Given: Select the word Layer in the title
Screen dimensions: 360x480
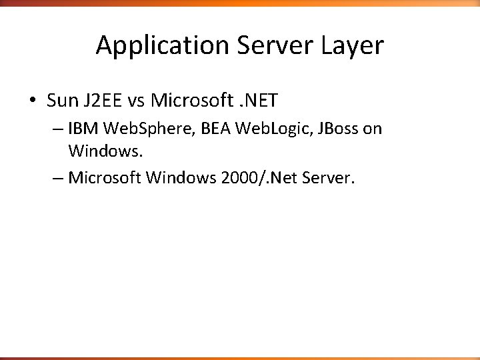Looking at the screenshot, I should [351, 46].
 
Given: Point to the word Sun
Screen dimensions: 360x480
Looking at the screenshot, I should [62, 101].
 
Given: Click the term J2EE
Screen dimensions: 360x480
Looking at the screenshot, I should [102, 101].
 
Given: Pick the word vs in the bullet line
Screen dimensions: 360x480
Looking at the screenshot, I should [136, 101].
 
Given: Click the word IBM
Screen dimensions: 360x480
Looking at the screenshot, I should [81, 129].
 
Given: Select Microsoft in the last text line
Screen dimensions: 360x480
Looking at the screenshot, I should [105, 178].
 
